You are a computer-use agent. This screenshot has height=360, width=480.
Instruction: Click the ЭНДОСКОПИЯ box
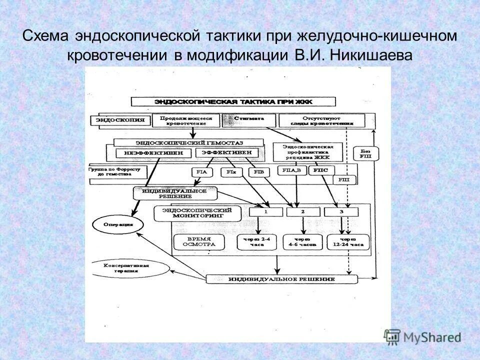pos(120,120)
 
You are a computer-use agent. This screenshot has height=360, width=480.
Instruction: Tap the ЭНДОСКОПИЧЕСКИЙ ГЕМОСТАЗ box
pos(188,142)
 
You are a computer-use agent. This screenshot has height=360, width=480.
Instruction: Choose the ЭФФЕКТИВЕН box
pos(227,152)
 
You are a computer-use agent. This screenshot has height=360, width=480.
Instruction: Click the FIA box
pos(201,172)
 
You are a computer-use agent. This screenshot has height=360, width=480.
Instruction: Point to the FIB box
pos(258,172)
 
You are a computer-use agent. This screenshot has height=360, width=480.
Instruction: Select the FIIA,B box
pos(291,171)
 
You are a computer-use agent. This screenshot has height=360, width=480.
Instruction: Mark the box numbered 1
pos(266,212)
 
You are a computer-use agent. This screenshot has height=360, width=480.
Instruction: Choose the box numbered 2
pos(303,212)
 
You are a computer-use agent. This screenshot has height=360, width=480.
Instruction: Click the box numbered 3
pos(340,212)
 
